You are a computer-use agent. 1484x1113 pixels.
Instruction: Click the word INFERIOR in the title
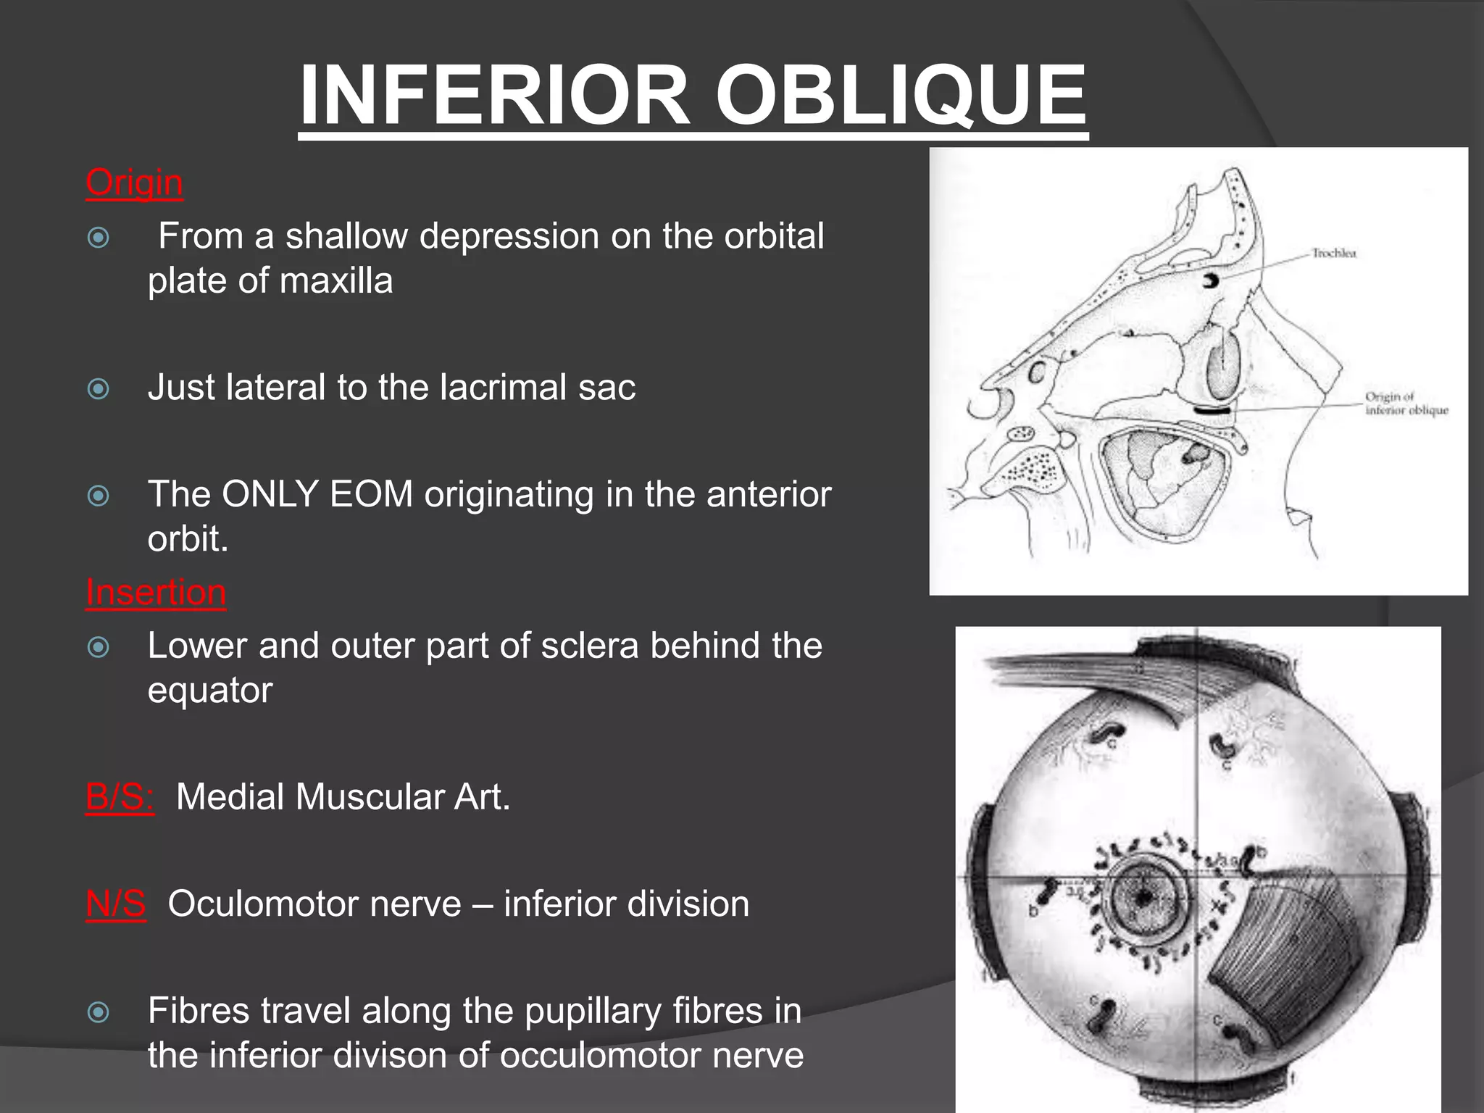494,95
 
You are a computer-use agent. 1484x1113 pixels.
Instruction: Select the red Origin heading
134,182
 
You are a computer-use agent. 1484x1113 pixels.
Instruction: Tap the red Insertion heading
156,592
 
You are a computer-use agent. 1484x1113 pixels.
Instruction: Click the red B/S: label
120,796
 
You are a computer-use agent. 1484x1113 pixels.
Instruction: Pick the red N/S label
116,904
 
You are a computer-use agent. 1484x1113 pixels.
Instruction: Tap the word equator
210,690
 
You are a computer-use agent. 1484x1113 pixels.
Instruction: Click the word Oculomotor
314,904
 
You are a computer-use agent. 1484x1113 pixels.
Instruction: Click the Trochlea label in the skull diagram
1333,253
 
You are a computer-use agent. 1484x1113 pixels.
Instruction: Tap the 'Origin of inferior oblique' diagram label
1406,404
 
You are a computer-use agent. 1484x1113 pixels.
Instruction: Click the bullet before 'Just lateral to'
98,389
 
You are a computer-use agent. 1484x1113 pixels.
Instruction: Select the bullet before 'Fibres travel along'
98,1012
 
